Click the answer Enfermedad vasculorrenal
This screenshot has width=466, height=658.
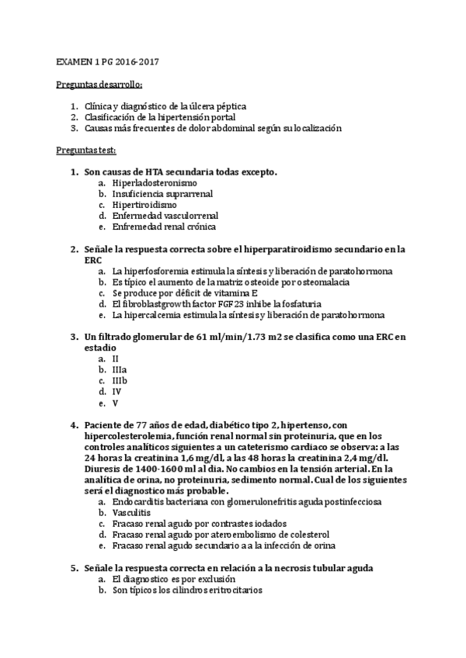pyautogui.click(x=165, y=216)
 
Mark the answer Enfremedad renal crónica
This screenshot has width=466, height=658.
pyautogui.click(x=164, y=227)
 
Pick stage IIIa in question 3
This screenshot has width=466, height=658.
pyautogui.click(x=120, y=370)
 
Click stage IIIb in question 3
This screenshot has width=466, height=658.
pyautogui.click(x=120, y=381)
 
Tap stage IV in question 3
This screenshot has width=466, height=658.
pyautogui.click(x=116, y=392)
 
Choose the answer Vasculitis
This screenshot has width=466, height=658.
pyautogui.click(x=133, y=513)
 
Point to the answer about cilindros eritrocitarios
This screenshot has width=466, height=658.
pyautogui.click(x=187, y=590)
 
